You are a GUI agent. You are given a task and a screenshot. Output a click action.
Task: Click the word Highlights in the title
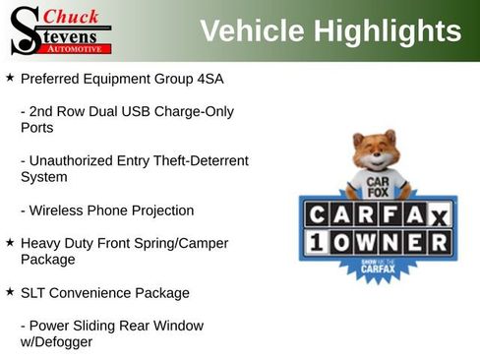tap(386, 31)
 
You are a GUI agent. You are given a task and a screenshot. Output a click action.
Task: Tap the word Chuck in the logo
tap(72, 16)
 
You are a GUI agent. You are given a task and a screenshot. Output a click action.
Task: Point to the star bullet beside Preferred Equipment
tap(9, 77)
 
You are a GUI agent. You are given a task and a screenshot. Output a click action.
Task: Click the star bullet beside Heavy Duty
tap(9, 242)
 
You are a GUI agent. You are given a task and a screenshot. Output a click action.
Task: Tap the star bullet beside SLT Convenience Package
tap(9, 292)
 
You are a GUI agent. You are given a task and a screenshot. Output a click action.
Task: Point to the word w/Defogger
tap(57, 342)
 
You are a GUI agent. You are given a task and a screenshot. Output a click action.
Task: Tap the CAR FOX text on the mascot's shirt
tap(375, 184)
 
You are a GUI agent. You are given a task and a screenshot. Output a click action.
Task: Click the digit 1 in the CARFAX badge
tap(316, 243)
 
